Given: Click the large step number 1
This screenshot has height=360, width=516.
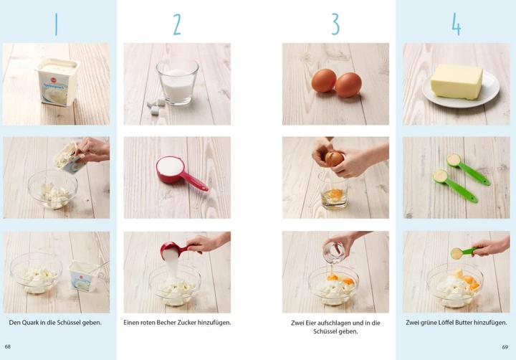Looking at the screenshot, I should click(56, 24).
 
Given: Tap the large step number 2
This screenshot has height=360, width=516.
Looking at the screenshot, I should click(177, 24).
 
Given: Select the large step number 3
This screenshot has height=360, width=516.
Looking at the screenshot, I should click(335, 24).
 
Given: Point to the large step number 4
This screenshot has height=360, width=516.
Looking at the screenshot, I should click(456, 24).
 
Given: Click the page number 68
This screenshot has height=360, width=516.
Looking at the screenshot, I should click(8, 346).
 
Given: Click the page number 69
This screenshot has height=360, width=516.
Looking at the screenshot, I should click(505, 346).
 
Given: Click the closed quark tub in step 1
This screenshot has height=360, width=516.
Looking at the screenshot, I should click(57, 81).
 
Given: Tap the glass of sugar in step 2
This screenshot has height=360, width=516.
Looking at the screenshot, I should click(176, 81).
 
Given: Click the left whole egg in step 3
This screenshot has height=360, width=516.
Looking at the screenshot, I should click(323, 80).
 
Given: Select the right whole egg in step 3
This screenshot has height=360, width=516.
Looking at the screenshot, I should click(348, 84).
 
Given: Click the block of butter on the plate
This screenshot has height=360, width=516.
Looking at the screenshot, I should click(457, 80).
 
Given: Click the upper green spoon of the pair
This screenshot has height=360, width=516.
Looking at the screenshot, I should click(467, 169).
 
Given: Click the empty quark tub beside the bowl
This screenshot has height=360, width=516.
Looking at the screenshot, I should click(83, 274).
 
